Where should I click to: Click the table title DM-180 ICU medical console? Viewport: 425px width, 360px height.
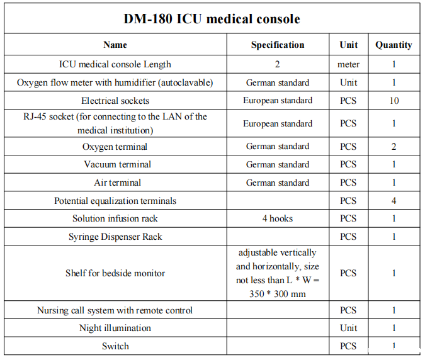(x=212, y=18)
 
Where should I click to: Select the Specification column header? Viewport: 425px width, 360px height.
(x=277, y=45)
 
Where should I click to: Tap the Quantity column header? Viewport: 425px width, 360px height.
(x=394, y=45)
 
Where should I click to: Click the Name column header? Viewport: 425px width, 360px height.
(x=115, y=45)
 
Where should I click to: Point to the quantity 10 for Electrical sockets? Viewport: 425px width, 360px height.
(x=394, y=101)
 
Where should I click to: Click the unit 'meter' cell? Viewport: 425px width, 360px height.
(x=348, y=64)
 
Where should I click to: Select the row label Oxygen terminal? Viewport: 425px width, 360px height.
(x=115, y=147)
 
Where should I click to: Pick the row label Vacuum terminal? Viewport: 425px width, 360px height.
(x=115, y=164)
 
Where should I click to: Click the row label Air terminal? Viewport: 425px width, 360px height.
(x=115, y=183)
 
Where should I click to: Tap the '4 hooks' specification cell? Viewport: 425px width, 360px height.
(x=277, y=218)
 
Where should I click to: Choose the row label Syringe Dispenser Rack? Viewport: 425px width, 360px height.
(x=115, y=237)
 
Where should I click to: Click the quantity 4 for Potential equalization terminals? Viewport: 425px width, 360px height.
(x=394, y=201)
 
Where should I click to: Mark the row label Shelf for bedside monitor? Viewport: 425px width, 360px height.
(x=115, y=273)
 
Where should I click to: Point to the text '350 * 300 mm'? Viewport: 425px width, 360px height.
(x=277, y=293)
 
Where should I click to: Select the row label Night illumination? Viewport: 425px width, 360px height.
(x=115, y=328)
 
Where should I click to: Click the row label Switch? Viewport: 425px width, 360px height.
(x=115, y=346)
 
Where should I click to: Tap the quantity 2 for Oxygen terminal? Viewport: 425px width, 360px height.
(x=394, y=147)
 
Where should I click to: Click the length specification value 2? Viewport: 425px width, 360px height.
(x=277, y=64)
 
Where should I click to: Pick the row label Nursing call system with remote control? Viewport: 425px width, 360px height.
(x=115, y=310)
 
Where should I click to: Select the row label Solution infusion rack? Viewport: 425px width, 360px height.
(x=115, y=218)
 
